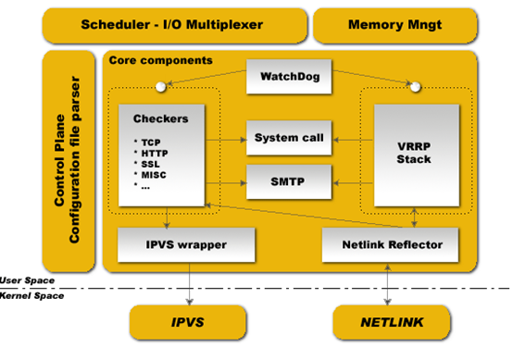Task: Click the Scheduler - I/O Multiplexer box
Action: tap(173, 24)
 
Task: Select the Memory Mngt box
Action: tap(395, 24)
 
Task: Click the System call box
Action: tap(289, 137)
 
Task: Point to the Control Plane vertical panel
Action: tap(69, 161)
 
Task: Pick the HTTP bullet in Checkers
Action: tap(154, 151)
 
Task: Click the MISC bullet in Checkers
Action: tap(154, 173)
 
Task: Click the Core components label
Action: tap(160, 60)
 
